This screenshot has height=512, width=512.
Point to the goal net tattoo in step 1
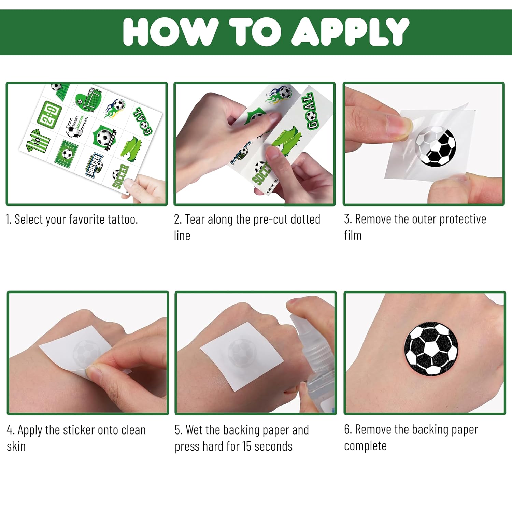89,99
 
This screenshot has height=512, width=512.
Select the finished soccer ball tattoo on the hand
431,348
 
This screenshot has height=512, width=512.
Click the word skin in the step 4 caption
16,446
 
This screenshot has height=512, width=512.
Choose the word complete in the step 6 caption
365,446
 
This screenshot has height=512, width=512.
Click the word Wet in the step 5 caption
195,430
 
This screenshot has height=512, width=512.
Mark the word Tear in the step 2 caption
195,219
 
